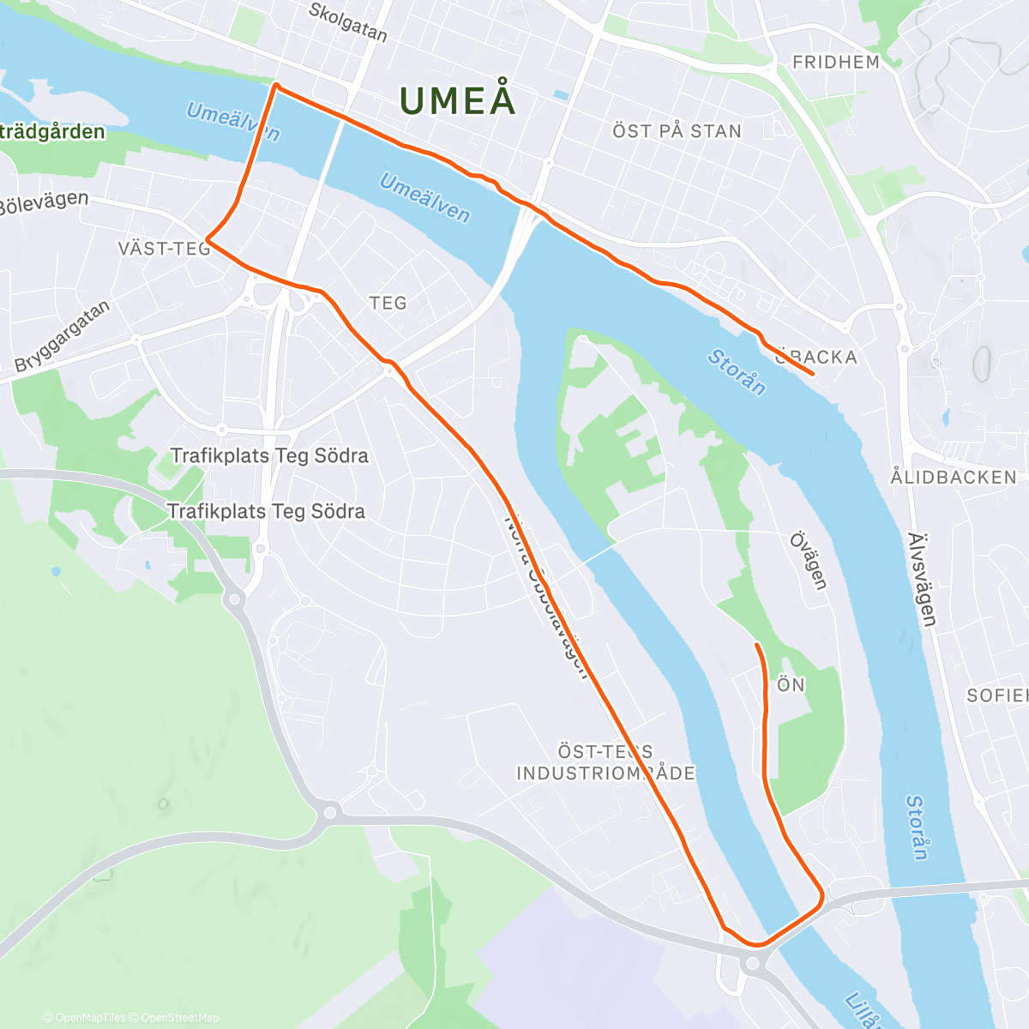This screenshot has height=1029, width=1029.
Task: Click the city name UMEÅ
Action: [458, 100]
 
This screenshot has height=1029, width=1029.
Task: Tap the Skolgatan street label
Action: [347, 22]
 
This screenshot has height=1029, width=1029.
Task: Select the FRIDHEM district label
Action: [836, 62]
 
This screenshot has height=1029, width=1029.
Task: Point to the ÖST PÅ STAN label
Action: [677, 131]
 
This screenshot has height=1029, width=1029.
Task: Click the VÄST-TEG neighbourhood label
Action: [164, 249]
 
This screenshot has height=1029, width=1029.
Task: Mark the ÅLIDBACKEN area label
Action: [953, 477]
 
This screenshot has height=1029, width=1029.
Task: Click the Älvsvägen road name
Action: [922, 579]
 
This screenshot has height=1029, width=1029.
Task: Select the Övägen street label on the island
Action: [809, 561]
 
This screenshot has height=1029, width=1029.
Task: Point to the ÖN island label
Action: [791, 684]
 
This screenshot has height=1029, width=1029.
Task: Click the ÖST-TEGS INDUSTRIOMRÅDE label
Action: [605, 762]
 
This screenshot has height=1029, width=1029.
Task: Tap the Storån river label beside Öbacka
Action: [737, 372]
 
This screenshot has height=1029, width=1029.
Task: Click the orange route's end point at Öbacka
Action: [812, 374]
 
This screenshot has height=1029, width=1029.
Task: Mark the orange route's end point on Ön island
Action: [755, 644]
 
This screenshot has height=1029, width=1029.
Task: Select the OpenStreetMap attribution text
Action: [179, 1018]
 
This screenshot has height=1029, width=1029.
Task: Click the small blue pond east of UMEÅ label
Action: [561, 94]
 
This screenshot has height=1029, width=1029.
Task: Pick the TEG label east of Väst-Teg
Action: [388, 303]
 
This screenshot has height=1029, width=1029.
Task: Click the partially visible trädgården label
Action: [51, 132]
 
